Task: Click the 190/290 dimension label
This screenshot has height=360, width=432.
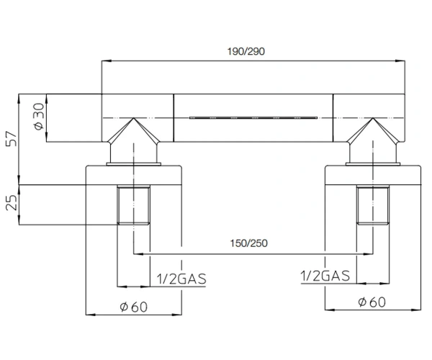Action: click(x=246, y=52)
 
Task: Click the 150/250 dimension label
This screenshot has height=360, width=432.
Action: click(x=248, y=243)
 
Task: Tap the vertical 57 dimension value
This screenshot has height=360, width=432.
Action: click(x=12, y=139)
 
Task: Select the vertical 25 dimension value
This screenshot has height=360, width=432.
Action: click(x=12, y=202)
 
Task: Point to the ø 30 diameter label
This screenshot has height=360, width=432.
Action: click(x=39, y=116)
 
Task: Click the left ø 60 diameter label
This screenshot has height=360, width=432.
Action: click(x=134, y=307)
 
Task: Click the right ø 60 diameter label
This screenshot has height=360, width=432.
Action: click(x=372, y=302)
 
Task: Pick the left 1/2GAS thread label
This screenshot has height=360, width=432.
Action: click(x=181, y=279)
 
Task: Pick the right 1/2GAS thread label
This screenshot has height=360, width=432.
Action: click(x=325, y=276)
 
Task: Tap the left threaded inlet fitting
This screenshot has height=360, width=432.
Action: click(x=134, y=205)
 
